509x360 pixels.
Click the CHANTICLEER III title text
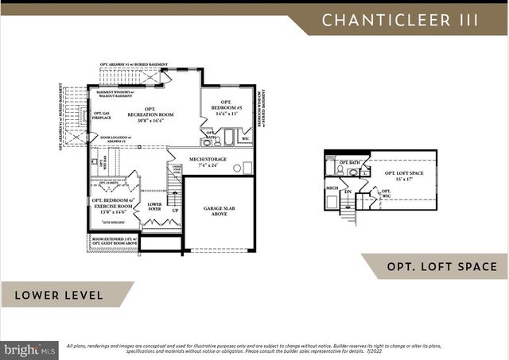click(399, 20)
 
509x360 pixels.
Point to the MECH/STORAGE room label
click(208, 159)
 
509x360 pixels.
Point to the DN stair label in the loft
click(348, 192)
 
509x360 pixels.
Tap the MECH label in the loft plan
click(332, 188)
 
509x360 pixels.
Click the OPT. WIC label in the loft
click(385, 192)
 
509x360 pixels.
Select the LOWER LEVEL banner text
click(58, 295)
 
